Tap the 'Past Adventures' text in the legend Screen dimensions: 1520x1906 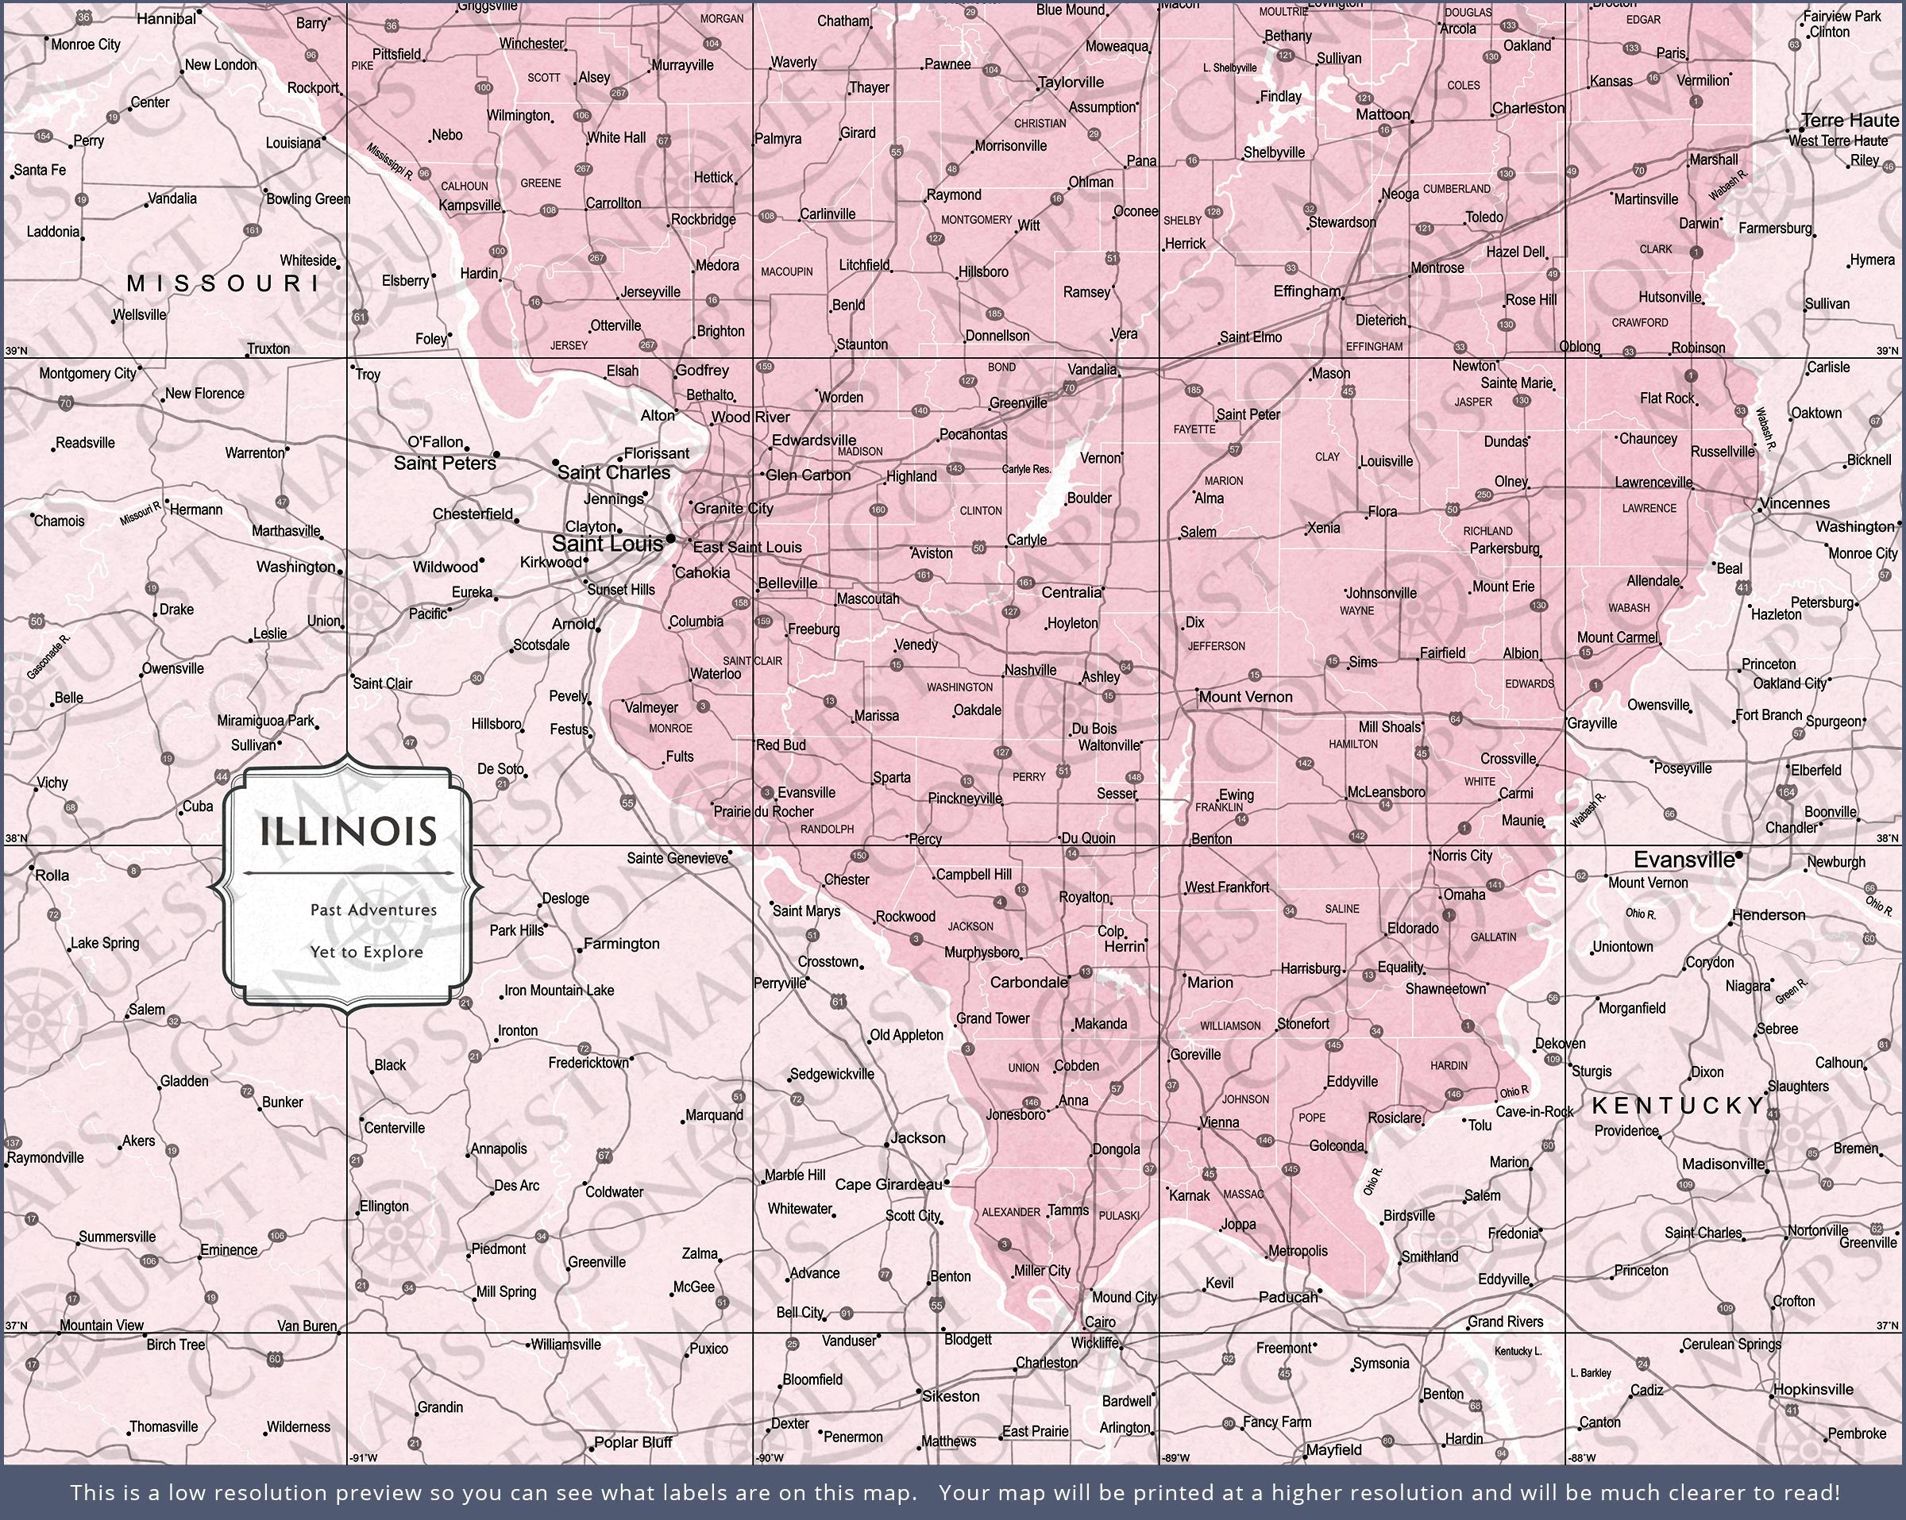click(x=373, y=910)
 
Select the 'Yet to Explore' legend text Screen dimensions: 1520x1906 click(x=366, y=952)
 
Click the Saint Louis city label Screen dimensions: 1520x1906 click(x=607, y=544)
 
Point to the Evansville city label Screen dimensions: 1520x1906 click(x=1683, y=859)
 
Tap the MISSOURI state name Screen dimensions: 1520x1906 click(x=224, y=283)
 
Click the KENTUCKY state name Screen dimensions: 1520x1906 click(x=1678, y=1105)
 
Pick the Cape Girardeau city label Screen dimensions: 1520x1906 click(x=889, y=1184)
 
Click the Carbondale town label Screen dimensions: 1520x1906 click(x=1028, y=982)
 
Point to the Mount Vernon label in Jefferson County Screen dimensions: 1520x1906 click(x=1244, y=696)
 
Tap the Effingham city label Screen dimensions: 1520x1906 click(x=1306, y=291)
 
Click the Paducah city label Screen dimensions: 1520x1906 click(x=1287, y=1297)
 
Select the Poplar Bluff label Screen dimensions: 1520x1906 click(x=633, y=1442)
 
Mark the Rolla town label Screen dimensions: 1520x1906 click(x=52, y=875)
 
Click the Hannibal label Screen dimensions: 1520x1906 click(x=166, y=18)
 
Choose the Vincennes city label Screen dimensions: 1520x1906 click(x=1794, y=503)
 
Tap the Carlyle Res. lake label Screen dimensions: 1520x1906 click(x=1026, y=469)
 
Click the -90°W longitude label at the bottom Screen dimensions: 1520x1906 click(x=768, y=1458)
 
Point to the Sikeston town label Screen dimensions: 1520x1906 click(x=951, y=1396)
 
